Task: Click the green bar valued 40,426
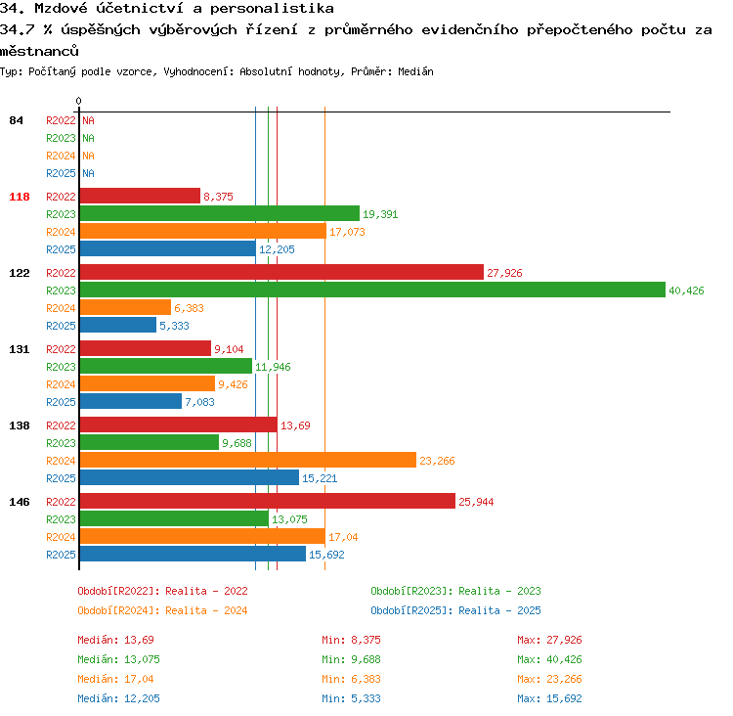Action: pyautogui.click(x=372, y=290)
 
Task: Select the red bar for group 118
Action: pyautogui.click(x=140, y=196)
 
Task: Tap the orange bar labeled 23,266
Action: pyautogui.click(x=248, y=460)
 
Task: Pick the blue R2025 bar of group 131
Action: pyautogui.click(x=131, y=401)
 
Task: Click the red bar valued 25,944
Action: pyautogui.click(x=268, y=501)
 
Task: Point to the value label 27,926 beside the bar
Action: pyautogui.click(x=504, y=273)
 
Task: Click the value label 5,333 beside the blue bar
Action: pyautogui.click(x=174, y=326)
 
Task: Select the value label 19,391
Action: pyautogui.click(x=380, y=214)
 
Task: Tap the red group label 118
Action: pyautogui.click(x=20, y=197)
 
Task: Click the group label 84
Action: pyautogui.click(x=16, y=120)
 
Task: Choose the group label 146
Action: pyautogui.click(x=20, y=502)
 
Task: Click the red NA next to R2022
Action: pyautogui.click(x=88, y=120)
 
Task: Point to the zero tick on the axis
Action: pyautogui.click(x=78, y=101)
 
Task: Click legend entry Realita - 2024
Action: pyautogui.click(x=206, y=610)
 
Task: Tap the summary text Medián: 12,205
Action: pyautogui.click(x=118, y=698)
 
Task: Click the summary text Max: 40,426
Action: pyautogui.click(x=549, y=659)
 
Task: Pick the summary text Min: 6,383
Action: pyautogui.click(x=351, y=679)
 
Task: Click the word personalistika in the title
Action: pyautogui.click(x=272, y=8)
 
